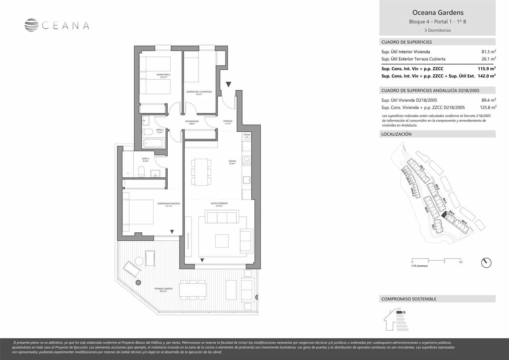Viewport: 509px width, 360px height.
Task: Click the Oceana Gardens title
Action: pyautogui.click(x=438, y=13)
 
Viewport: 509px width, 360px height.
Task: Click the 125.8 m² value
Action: pyautogui.click(x=488, y=108)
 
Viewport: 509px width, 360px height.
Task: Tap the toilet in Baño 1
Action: pyautogui.click(x=141, y=173)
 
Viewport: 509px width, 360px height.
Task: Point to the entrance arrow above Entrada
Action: pyautogui.click(x=228, y=84)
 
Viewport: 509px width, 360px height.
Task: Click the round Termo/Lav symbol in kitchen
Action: pyautogui.click(x=247, y=136)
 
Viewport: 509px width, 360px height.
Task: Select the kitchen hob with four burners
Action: pyautogui.click(x=247, y=161)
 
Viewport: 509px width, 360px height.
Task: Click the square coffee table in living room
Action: pyautogui.click(x=222, y=241)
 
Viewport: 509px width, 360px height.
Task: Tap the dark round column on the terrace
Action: pyautogui.click(x=138, y=282)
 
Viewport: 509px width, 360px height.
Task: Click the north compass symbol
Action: pyautogui.click(x=486, y=263)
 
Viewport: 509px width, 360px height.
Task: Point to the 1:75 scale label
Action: pyautogui.click(x=419, y=266)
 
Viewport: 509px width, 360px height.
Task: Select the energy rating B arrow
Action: pyautogui.click(x=400, y=312)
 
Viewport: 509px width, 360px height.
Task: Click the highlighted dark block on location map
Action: pyautogui.click(x=444, y=215)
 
